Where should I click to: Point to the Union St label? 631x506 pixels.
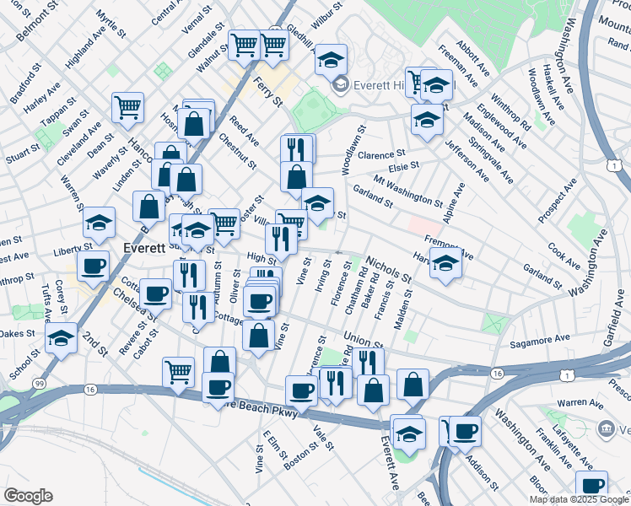coord(364,342)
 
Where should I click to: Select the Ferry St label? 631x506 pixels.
coord(267,90)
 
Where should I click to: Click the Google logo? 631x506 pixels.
coord(28,496)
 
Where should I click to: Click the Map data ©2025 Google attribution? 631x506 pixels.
coord(580,499)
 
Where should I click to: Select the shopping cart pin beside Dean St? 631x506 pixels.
coord(127,106)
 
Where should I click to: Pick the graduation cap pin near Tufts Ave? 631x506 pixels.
coord(61,337)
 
